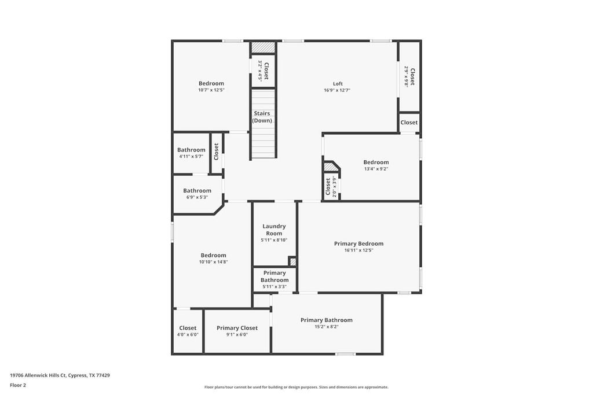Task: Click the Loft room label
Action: point(338,84)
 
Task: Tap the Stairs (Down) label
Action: point(262,117)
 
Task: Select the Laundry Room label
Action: point(274,230)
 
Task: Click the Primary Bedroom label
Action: point(358,243)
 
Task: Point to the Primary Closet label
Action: point(237,328)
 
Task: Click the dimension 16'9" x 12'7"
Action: point(337,90)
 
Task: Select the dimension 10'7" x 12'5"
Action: point(211,90)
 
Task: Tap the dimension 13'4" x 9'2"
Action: point(376,169)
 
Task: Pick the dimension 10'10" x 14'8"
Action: point(213,262)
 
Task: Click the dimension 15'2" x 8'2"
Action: point(326,327)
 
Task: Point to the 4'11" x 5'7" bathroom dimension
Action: point(191,156)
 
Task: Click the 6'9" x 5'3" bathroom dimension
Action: point(197,197)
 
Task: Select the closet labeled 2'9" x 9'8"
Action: point(409,76)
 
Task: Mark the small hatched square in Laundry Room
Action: point(292,261)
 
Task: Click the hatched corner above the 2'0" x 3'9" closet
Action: point(330,167)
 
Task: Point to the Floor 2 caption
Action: point(18,385)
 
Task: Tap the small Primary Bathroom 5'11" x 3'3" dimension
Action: point(274,287)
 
